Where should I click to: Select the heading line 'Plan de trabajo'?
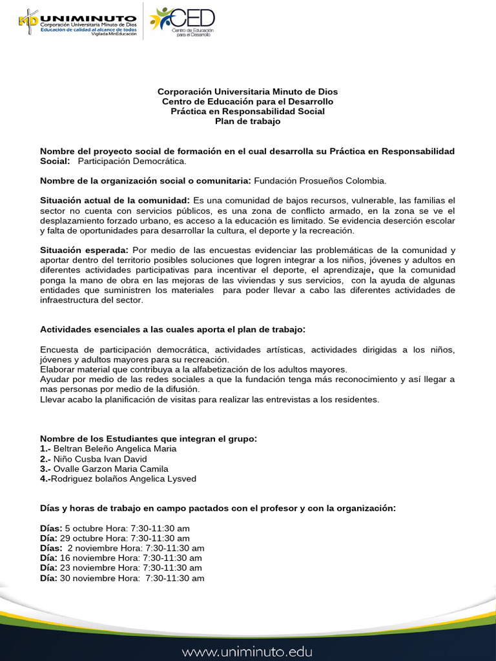click(x=247, y=121)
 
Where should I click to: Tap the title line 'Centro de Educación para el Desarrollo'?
click(x=247, y=101)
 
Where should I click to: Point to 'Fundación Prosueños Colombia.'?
click(x=320, y=181)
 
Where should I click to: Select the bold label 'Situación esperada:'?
click(x=84, y=250)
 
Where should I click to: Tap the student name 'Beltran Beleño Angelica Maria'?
click(x=114, y=449)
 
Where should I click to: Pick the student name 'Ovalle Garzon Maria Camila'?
click(x=110, y=469)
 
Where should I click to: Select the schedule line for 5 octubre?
click(x=115, y=528)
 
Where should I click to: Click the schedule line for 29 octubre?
click(x=115, y=538)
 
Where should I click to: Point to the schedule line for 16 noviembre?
click(x=121, y=558)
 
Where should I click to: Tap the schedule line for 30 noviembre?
click(x=122, y=578)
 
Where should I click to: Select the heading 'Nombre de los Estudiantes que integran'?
click(x=149, y=439)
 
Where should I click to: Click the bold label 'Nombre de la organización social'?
click(x=145, y=181)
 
